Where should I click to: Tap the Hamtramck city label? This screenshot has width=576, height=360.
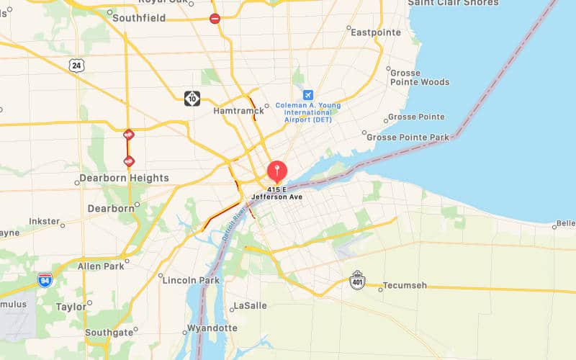238,111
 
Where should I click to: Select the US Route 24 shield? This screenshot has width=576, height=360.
76,66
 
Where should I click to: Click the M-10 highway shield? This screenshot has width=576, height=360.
192,98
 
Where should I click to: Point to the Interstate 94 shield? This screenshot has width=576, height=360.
45,279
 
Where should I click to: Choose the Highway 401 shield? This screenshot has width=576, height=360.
357,279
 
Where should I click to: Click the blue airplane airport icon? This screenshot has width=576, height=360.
308,95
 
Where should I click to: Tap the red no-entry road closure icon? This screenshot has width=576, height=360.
215,19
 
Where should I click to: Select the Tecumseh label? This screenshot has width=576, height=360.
404,286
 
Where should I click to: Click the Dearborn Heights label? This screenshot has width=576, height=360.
123,178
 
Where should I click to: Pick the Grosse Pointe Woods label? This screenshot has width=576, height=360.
420,77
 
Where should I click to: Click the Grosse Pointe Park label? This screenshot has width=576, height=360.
408,137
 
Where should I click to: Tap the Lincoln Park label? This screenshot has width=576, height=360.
189,280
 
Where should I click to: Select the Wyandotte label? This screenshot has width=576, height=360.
212,328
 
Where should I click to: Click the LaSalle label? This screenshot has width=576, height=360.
251,306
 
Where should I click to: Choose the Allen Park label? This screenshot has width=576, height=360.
101,266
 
